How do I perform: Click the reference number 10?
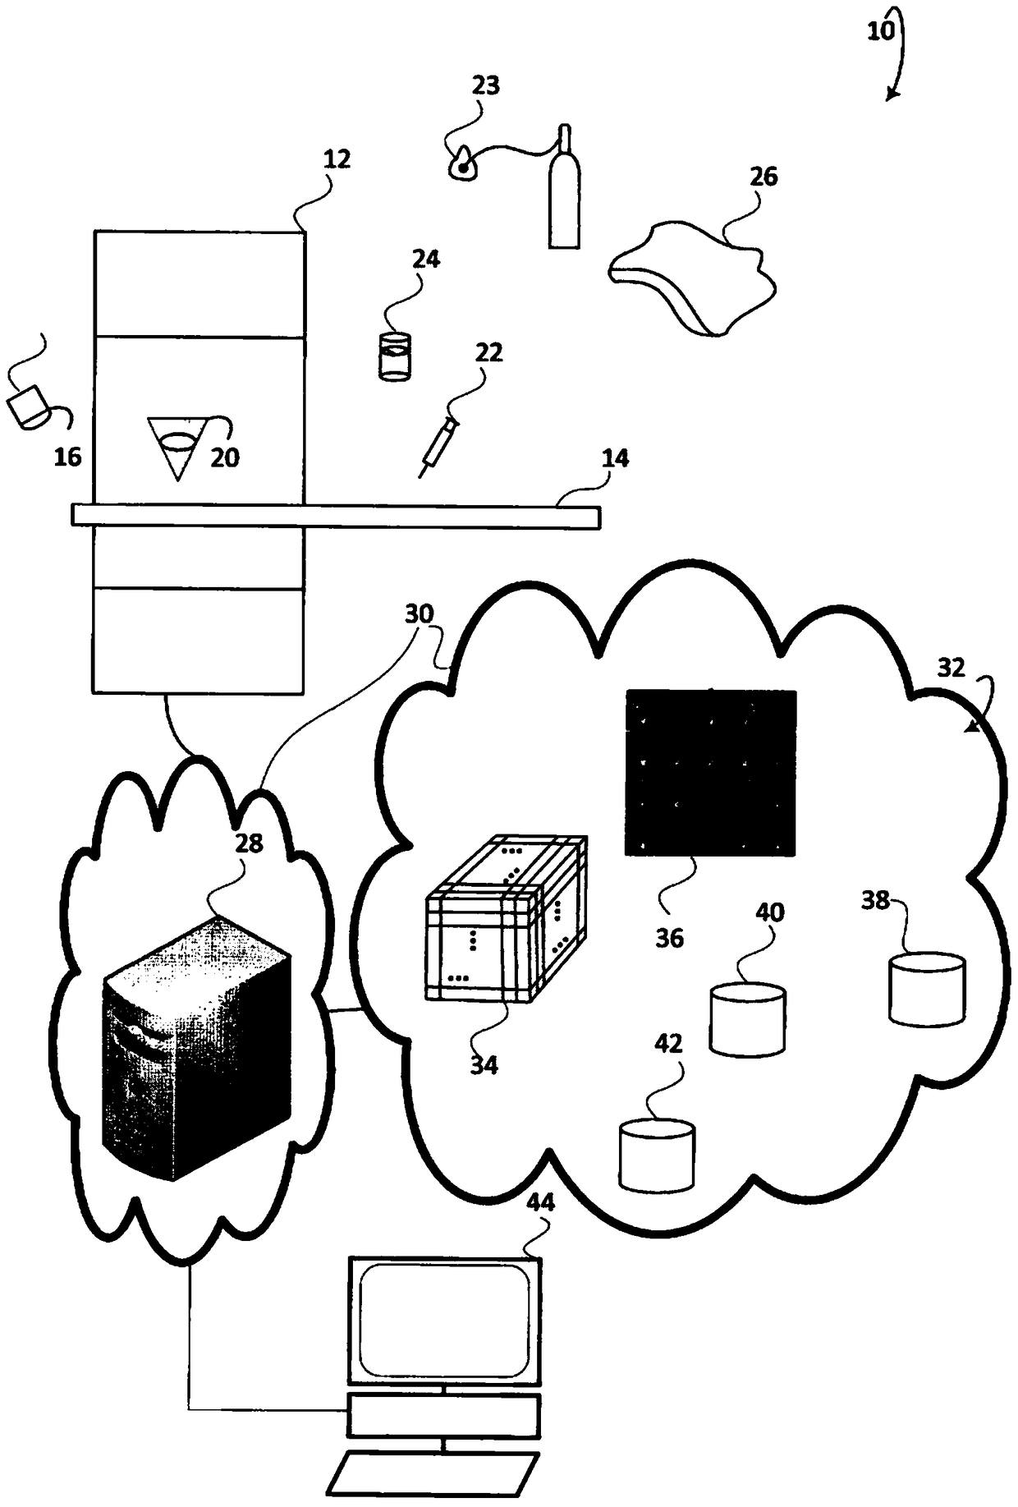[x=879, y=31]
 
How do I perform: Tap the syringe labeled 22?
[x=438, y=443]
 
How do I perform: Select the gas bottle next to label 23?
[x=563, y=193]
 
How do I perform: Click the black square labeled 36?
[x=711, y=772]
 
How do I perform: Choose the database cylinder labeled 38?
[x=927, y=989]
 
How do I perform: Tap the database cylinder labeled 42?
[x=657, y=1155]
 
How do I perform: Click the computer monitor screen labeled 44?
[x=444, y=1321]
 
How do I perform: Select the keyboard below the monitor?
[x=433, y=1475]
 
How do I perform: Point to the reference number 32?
[x=951, y=668]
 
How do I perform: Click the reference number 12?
[x=337, y=159]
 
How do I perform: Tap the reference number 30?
[x=419, y=614]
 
